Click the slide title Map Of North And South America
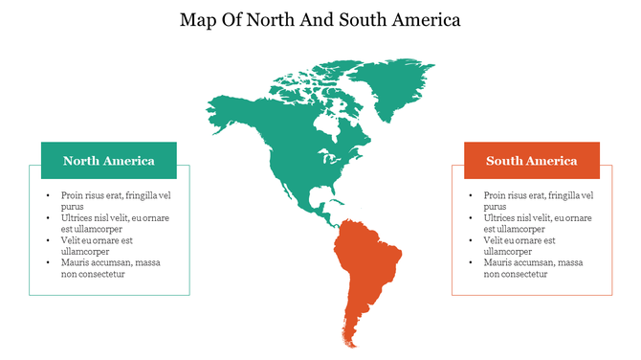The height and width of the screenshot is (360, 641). point(320,19)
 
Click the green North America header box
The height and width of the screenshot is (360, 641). point(108,160)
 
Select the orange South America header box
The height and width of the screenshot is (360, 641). point(531,160)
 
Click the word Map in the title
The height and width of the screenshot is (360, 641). point(199,19)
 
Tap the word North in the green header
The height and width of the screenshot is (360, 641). point(82,161)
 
